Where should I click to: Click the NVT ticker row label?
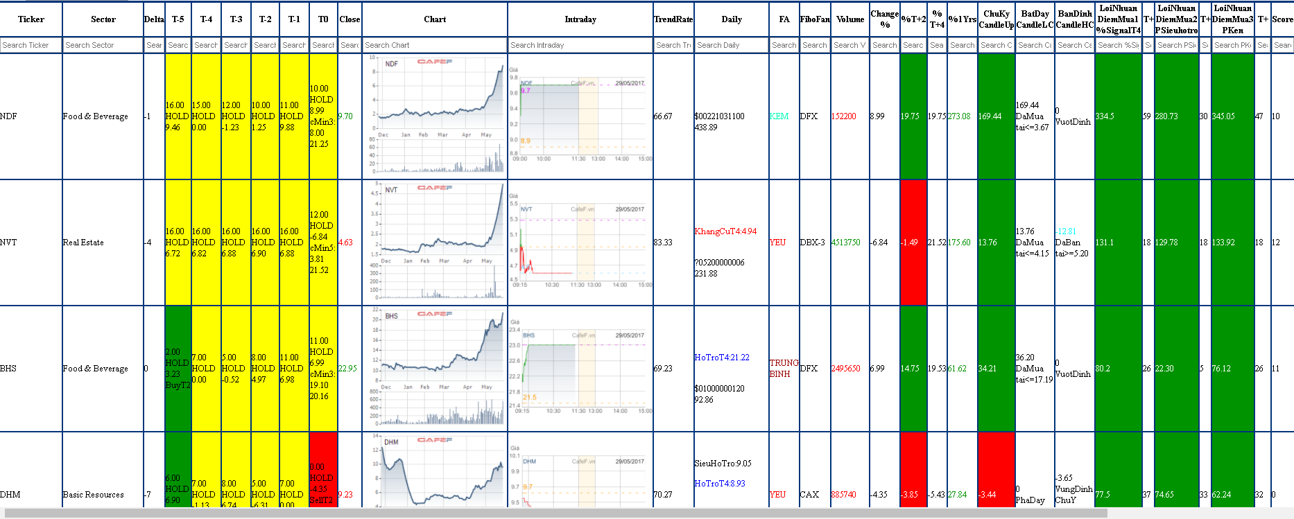[x=9, y=243]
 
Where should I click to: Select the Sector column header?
[x=103, y=19]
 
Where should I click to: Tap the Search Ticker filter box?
[x=31, y=45]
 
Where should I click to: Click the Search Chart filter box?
[x=434, y=45]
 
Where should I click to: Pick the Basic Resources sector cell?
[x=93, y=495]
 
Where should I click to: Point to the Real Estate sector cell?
[x=83, y=243]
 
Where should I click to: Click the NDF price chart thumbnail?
[x=435, y=116]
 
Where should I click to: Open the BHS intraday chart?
[x=580, y=368]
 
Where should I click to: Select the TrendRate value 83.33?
[x=663, y=243]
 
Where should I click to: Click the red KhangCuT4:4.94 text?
[x=725, y=231]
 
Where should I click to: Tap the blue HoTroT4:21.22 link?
[x=722, y=358]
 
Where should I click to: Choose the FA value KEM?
[x=779, y=116]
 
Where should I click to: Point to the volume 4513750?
[x=845, y=243]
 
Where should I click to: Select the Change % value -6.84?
[x=878, y=243]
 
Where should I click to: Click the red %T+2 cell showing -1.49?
[x=913, y=243]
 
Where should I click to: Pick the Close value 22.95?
[x=347, y=369]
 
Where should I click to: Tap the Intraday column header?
[x=580, y=19]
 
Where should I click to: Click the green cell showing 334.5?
[x=1117, y=116]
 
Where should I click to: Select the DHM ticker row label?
[x=10, y=495]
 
